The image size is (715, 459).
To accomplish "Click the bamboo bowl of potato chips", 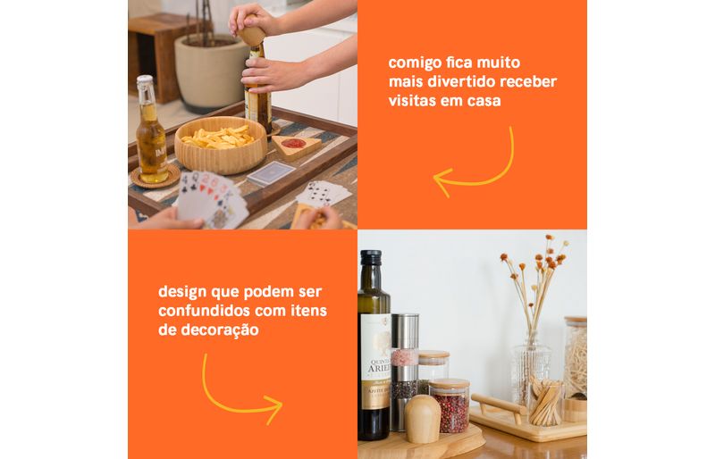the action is pyautogui.click(x=221, y=145).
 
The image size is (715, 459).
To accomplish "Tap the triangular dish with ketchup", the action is pyautogui.click(x=296, y=146).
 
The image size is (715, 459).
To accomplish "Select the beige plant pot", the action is pyautogui.click(x=211, y=73).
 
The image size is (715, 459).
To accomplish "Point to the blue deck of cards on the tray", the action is pyautogui.click(x=271, y=173).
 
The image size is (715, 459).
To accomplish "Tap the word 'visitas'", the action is pyautogui.click(x=412, y=100).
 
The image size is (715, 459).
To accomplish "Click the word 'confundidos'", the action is pyautogui.click(x=204, y=311).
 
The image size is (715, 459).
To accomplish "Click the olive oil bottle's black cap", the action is pyautogui.click(x=371, y=257).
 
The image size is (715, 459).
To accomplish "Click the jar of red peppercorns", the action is pyautogui.click(x=450, y=405).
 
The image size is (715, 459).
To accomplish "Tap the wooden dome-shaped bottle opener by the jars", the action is pyautogui.click(x=422, y=419).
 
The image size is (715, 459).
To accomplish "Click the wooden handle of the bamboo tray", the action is pyautogui.click(x=499, y=405).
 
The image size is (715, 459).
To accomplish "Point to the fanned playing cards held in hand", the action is pyautogui.click(x=212, y=198).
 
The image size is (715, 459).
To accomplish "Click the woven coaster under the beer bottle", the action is pyautogui.click(x=156, y=177).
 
